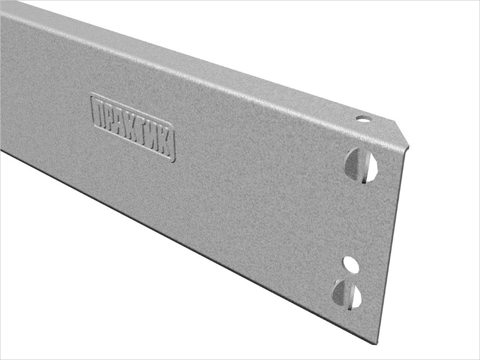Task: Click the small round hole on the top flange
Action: (362, 118)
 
